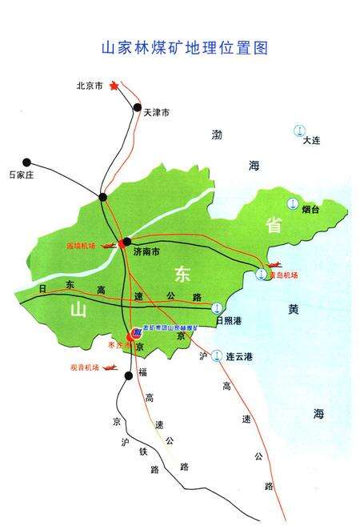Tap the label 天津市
pos(157,114)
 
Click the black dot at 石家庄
pos(27,162)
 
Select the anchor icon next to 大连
pos(301,130)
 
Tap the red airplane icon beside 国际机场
pos(106,245)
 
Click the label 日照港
pos(230,320)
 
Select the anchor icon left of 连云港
pos(217,355)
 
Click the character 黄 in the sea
pos(294,308)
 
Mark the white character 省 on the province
pos(274,226)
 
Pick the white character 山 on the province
pos(78,309)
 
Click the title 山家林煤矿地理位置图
pos(184,47)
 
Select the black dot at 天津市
pos(138,107)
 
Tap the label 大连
pos(311,141)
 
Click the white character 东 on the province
pos(180,273)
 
